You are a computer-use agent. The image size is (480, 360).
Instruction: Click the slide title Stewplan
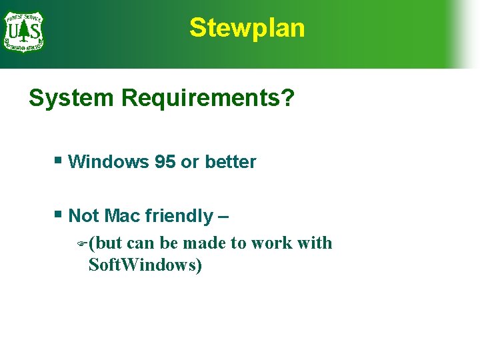pyautogui.click(x=247, y=28)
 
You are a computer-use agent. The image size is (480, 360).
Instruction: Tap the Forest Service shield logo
pyautogui.click(x=23, y=30)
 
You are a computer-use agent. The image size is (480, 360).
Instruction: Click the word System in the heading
pyautogui.click(x=71, y=99)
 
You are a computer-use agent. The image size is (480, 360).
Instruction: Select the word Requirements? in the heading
pyautogui.click(x=207, y=99)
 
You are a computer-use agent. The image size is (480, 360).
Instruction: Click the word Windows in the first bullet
pyautogui.click(x=108, y=162)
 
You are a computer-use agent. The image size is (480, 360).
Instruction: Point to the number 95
pyautogui.click(x=165, y=162)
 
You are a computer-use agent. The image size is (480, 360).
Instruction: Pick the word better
pyautogui.click(x=230, y=162)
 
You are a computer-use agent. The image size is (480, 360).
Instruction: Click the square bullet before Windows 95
pyautogui.click(x=59, y=160)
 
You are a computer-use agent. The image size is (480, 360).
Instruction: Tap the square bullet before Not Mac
pyautogui.click(x=59, y=214)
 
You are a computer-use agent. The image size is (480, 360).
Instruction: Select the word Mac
pyautogui.click(x=123, y=216)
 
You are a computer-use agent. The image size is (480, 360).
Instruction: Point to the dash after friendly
pyautogui.click(x=223, y=217)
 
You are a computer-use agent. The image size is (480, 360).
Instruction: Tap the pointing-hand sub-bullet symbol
pyautogui.click(x=81, y=245)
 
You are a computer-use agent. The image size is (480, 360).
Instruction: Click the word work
pyautogui.click(x=271, y=243)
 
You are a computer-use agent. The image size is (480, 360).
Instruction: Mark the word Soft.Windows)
pyautogui.click(x=145, y=265)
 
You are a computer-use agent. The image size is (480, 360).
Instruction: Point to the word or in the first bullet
pyautogui.click(x=190, y=162)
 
